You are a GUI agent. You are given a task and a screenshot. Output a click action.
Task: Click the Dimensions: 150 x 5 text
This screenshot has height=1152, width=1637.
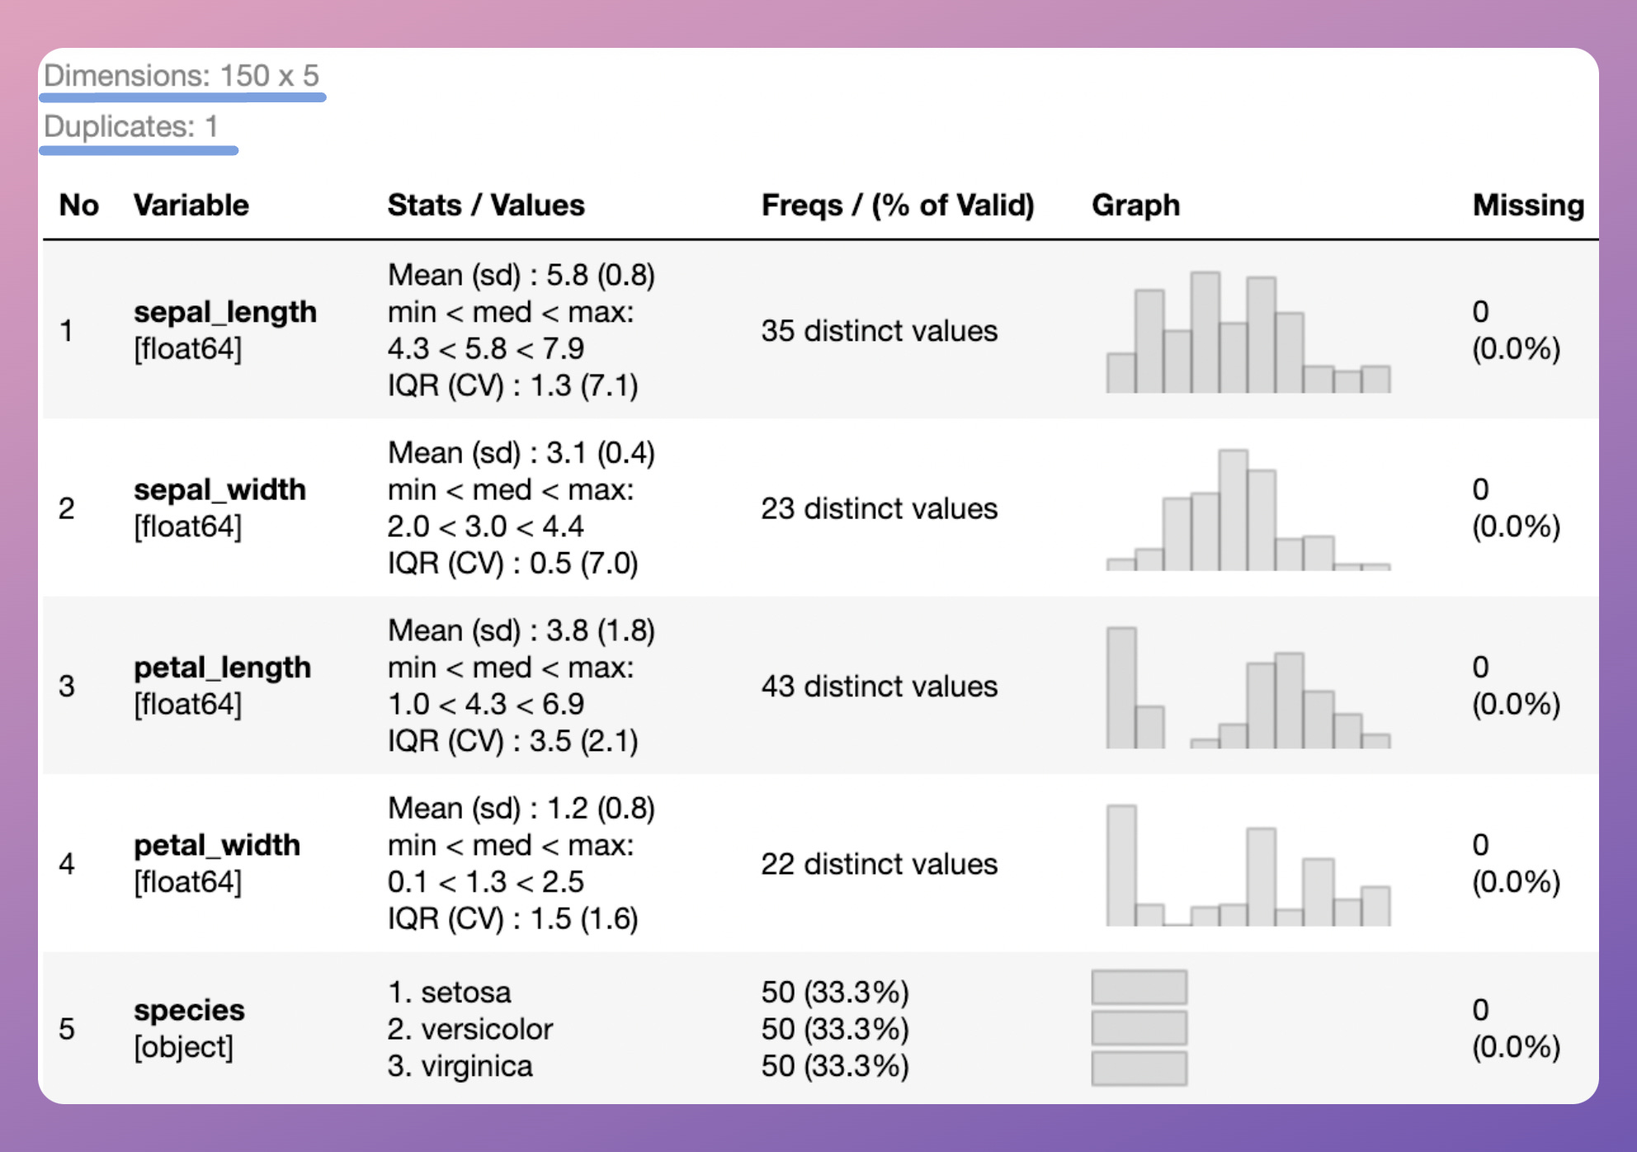point(182,76)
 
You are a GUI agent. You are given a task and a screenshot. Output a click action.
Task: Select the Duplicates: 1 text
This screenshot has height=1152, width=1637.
point(131,127)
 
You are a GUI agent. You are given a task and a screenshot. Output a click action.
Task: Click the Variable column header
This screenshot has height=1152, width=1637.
point(191,205)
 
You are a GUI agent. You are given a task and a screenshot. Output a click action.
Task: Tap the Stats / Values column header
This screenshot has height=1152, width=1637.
point(486,205)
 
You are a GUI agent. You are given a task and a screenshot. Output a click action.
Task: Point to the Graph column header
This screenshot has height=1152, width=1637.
point(1135,205)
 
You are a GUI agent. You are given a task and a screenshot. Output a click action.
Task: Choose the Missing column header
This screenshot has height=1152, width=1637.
point(1528,205)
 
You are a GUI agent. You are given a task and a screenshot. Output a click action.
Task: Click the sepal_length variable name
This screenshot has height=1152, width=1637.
point(225,312)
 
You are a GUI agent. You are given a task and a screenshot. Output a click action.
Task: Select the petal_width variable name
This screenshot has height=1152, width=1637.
point(217,845)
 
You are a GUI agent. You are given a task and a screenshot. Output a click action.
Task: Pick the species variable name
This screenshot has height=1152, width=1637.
point(189,1010)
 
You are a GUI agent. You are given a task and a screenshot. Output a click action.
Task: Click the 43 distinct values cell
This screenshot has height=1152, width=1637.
point(879,687)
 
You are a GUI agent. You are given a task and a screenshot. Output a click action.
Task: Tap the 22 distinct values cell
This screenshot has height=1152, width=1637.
point(879,864)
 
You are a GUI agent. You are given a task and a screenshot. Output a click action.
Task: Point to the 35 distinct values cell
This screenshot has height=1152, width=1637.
point(879,331)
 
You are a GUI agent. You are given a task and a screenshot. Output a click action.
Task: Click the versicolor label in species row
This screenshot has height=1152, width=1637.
point(486,1029)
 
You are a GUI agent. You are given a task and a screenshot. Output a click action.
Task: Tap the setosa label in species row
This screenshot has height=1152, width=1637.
point(465,992)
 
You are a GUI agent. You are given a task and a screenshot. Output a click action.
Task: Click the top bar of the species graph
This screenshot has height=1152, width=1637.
point(1139,987)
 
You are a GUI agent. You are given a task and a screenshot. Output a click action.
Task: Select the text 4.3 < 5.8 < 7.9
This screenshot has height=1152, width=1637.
point(486,349)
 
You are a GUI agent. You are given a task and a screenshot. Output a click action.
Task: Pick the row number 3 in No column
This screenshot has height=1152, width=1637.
point(67,687)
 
